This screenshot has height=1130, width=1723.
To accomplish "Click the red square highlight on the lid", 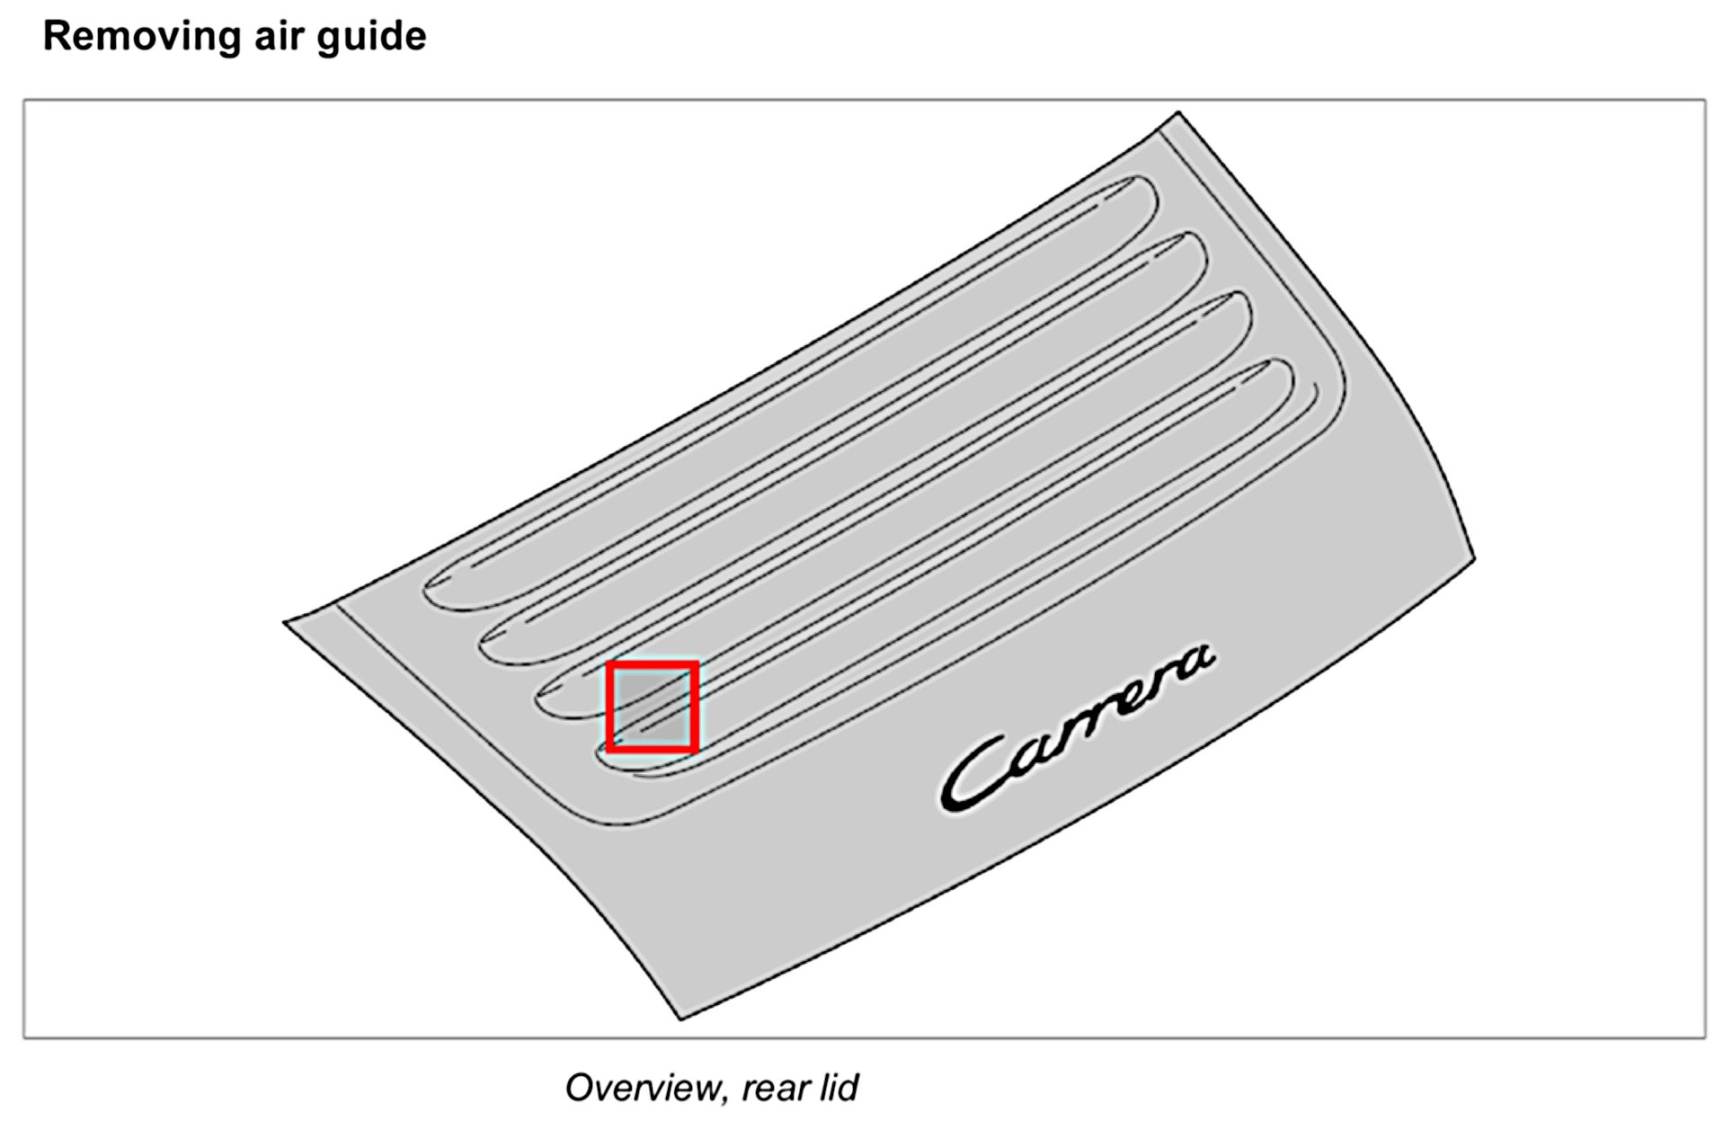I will pyautogui.click(x=653, y=707).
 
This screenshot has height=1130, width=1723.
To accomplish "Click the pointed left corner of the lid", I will pyautogui.click(x=286, y=621).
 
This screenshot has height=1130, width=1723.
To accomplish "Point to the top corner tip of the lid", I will pyautogui.click(x=1177, y=113).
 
